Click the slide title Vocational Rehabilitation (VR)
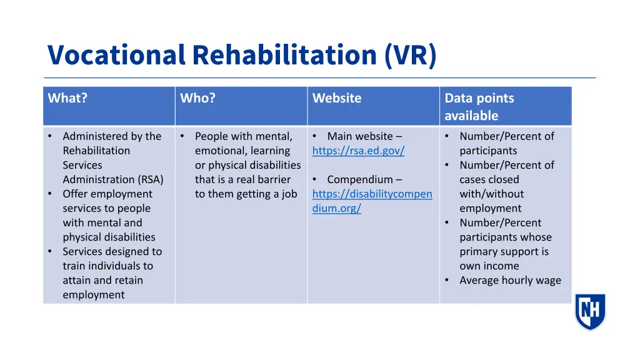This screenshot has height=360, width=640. point(242,55)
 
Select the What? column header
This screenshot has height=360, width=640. point(67,98)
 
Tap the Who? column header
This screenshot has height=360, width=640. point(197,98)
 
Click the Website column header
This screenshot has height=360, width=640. point(337,98)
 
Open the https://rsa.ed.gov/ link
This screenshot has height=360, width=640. point(358,151)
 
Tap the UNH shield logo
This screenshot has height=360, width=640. point(590,311)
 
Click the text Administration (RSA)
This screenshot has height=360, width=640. point(113,179)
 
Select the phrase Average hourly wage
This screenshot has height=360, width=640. point(510,281)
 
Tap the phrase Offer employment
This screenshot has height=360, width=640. point(107,194)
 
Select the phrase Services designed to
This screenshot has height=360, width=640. point(112,251)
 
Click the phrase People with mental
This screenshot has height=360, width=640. point(243,136)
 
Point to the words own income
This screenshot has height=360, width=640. point(489,266)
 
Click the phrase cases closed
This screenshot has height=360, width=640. point(489,179)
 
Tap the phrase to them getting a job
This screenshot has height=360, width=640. point(246,194)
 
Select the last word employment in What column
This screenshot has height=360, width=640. point(93,295)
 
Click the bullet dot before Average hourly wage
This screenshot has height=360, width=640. point(447,281)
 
